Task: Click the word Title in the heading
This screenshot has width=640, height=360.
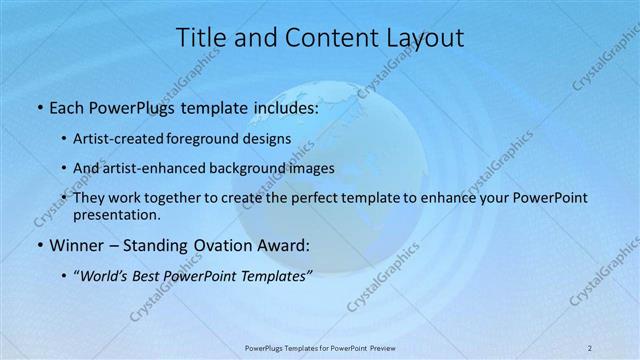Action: pos(201,38)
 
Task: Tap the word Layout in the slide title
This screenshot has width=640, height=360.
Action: pos(424,38)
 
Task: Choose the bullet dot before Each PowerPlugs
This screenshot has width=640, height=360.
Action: pos(38,106)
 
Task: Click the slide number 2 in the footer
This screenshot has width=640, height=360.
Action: pos(590,348)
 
